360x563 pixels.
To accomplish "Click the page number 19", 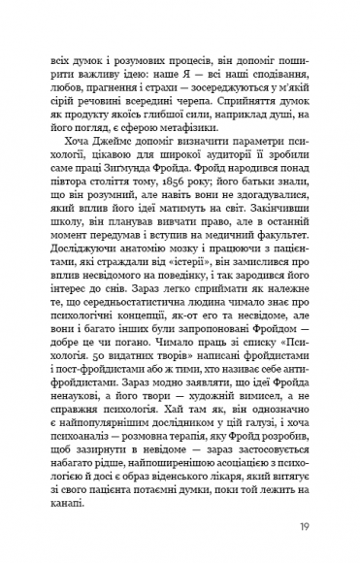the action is [x=305, y=528].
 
